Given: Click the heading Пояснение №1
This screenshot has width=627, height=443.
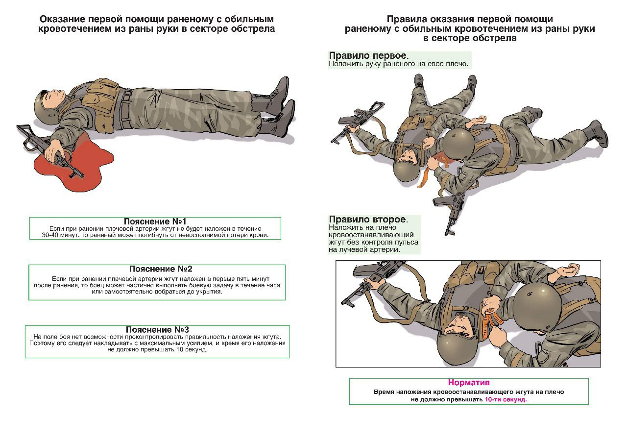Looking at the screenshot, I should [x=155, y=221].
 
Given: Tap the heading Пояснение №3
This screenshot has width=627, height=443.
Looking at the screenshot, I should [x=157, y=330].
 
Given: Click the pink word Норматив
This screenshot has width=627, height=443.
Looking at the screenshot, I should [x=469, y=383].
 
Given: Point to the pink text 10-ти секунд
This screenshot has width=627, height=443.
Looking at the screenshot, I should [x=506, y=399].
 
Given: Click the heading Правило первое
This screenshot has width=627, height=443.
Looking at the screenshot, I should [x=368, y=56].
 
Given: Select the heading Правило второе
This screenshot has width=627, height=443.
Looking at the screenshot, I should [x=368, y=219].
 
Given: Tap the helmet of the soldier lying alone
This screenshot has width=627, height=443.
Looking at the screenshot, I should [x=45, y=106].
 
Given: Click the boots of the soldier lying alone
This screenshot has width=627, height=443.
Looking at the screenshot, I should [x=279, y=108].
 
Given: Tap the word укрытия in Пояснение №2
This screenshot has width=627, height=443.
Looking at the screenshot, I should [x=208, y=292].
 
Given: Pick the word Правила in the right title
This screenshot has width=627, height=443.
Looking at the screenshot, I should [x=406, y=20].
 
